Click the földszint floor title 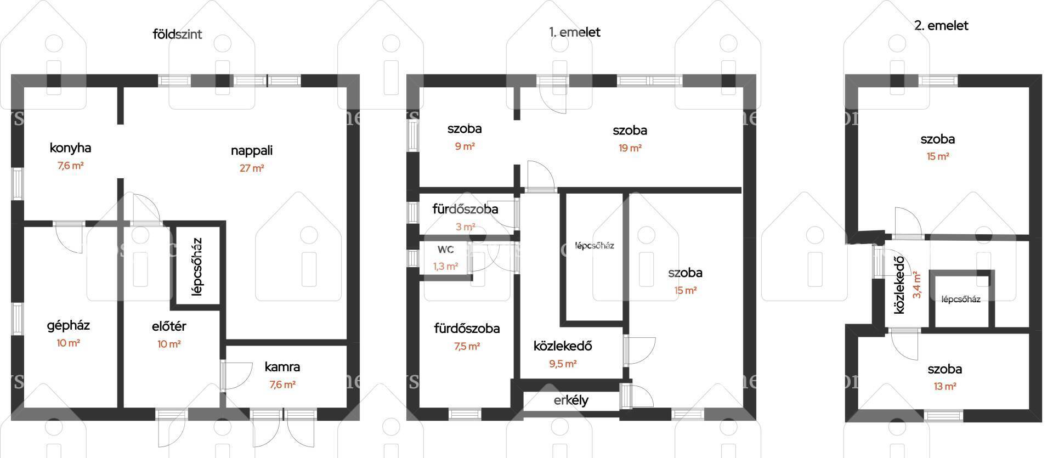coord(177,34)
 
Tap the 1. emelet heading coord(575,32)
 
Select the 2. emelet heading coord(941,25)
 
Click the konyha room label coord(70,148)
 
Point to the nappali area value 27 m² coord(252,168)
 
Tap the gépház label coord(68,326)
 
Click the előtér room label coord(169,326)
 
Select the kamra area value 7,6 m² coord(282,385)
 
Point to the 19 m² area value coord(630,148)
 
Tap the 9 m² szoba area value coord(465,146)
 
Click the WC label coord(445,250)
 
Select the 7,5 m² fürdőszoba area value coord(467,346)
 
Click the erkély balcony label coord(571,400)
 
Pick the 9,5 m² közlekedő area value coord(563,364)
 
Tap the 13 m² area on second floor coord(944,387)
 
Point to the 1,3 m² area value coord(445,267)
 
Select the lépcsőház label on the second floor coord(960,299)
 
